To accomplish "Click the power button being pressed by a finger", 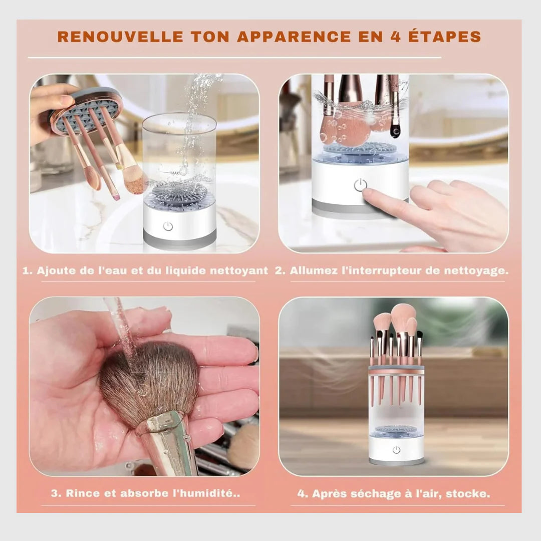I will [360, 185].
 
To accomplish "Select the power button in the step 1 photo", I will [168, 226].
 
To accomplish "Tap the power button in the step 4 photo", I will [396, 450].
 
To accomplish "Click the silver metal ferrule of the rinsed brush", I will [165, 441].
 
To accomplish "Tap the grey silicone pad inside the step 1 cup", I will [180, 192].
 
